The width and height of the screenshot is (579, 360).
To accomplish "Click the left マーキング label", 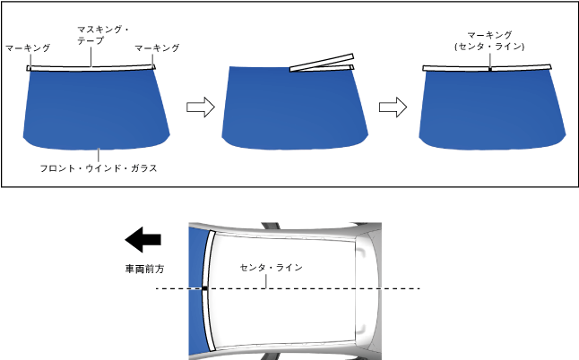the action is coord(28,47).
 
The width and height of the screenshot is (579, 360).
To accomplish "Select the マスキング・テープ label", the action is coord(103,36).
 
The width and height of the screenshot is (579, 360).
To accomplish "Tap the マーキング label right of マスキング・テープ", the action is coord(156,47).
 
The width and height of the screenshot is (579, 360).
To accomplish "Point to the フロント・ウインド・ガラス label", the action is coord(99,167).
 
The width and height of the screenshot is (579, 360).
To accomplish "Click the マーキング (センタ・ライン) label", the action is coord(488,40).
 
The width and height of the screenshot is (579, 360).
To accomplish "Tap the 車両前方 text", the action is coord(143,268).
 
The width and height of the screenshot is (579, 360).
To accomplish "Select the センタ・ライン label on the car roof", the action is coord(272,268).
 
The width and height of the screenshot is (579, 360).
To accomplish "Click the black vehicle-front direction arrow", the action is coord(143,240).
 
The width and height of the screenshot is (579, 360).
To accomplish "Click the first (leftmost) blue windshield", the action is coord(97,107).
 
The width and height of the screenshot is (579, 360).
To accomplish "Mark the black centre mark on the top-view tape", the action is coord(205,288).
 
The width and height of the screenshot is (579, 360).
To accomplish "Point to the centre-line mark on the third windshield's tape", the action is coord(490,67).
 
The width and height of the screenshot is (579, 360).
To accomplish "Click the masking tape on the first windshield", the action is coord(91,66).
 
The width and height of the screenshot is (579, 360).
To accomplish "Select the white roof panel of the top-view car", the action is coord(287,309).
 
